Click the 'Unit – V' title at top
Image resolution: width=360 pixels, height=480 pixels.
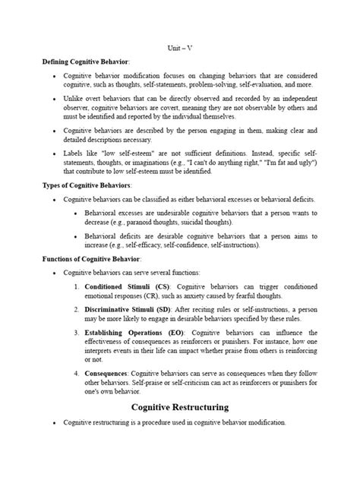180,47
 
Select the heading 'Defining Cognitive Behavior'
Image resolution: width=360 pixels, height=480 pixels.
86,61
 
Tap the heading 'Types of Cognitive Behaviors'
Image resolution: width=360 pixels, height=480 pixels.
87,185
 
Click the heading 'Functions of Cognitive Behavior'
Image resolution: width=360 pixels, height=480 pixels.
90,259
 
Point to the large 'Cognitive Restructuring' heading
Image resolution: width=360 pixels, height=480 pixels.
180,407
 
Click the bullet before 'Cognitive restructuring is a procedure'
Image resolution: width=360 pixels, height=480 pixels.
52,422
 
